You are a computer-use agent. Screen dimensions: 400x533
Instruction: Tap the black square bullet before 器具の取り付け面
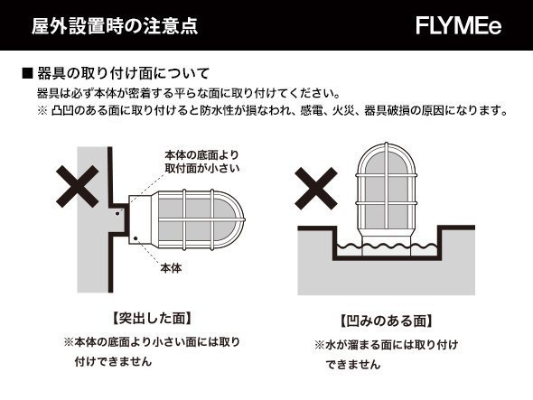26,73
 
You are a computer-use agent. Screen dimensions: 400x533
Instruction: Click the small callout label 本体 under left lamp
171,268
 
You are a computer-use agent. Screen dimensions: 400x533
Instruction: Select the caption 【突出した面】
151,319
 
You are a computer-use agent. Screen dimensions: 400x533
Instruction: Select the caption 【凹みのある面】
385,321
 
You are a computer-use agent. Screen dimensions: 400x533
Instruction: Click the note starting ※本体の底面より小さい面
151,351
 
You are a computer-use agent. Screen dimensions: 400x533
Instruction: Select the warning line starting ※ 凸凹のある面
271,112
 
